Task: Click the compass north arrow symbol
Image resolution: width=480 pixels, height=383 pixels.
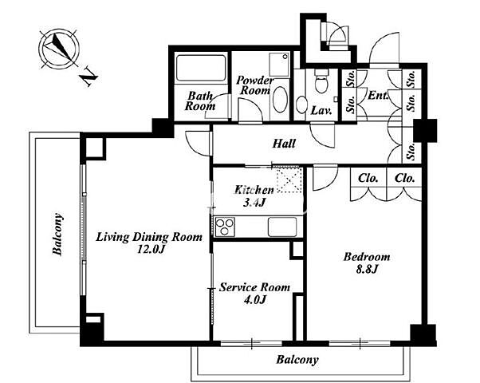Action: [x=59, y=49]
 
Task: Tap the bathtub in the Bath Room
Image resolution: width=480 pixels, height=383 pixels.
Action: [x=201, y=68]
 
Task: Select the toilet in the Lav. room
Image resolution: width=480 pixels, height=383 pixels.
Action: [x=321, y=81]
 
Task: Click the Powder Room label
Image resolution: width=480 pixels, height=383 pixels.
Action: [x=254, y=85]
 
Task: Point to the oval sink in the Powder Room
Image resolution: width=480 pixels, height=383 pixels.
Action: [x=280, y=99]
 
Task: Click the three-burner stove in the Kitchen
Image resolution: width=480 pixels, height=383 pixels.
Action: [x=225, y=227]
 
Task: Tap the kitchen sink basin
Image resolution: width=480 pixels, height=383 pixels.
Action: [x=282, y=227]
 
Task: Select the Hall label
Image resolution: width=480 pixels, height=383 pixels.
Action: [x=284, y=144]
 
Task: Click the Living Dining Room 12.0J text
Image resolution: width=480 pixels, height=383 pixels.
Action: [x=149, y=243]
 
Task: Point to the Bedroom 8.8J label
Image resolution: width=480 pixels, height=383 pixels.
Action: [x=367, y=263]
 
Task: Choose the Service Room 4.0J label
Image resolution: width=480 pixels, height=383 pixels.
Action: [x=254, y=293]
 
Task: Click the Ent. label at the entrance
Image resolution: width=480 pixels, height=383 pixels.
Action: [x=378, y=95]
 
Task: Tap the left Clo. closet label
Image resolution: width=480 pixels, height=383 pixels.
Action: [x=368, y=178]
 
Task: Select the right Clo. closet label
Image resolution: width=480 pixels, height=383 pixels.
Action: [x=405, y=178]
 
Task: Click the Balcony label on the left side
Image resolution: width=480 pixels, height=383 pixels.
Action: [x=57, y=234]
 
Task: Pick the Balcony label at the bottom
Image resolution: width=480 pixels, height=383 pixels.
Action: [x=297, y=359]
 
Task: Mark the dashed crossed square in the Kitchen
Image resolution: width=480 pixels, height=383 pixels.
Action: [x=289, y=180]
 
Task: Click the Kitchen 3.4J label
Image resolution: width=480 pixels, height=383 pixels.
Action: [x=254, y=196]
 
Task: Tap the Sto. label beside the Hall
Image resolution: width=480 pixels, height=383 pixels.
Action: [x=411, y=151]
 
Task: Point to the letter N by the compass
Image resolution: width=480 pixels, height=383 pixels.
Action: [x=89, y=76]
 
